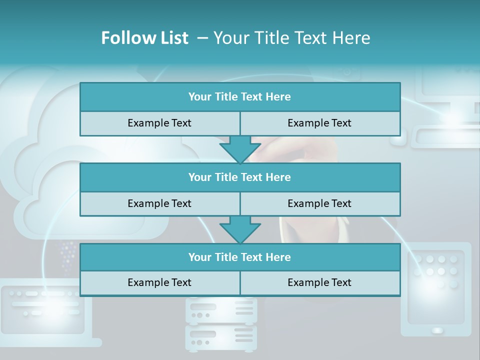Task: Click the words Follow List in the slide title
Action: pos(144,38)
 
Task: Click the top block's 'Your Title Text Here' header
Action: pos(239,97)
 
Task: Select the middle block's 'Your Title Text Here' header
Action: pos(239,177)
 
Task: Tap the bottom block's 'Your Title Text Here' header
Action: pos(239,257)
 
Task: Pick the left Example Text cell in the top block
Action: pos(159,123)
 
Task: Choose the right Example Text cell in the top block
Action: pos(319,123)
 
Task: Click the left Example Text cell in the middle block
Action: pos(159,204)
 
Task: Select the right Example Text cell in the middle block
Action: pos(319,204)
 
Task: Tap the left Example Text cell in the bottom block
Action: pos(159,283)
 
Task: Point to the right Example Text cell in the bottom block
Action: pos(319,283)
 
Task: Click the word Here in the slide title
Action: pos(353,38)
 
